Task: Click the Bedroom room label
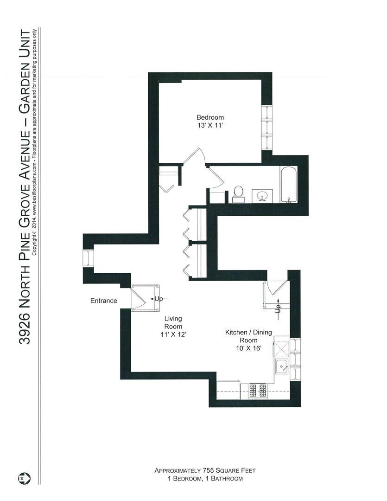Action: pyautogui.click(x=210, y=117)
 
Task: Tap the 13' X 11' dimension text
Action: pyautogui.click(x=210, y=125)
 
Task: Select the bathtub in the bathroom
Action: pyautogui.click(x=288, y=186)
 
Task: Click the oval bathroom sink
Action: pyautogui.click(x=262, y=195)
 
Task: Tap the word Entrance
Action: pyautogui.click(x=103, y=301)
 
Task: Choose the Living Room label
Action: pyautogui.click(x=173, y=322)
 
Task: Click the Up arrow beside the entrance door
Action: pyautogui.click(x=159, y=299)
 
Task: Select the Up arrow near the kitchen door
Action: pyautogui.click(x=278, y=308)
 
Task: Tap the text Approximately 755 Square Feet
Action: pyautogui.click(x=205, y=470)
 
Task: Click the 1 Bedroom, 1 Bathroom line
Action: pyautogui.click(x=205, y=478)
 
